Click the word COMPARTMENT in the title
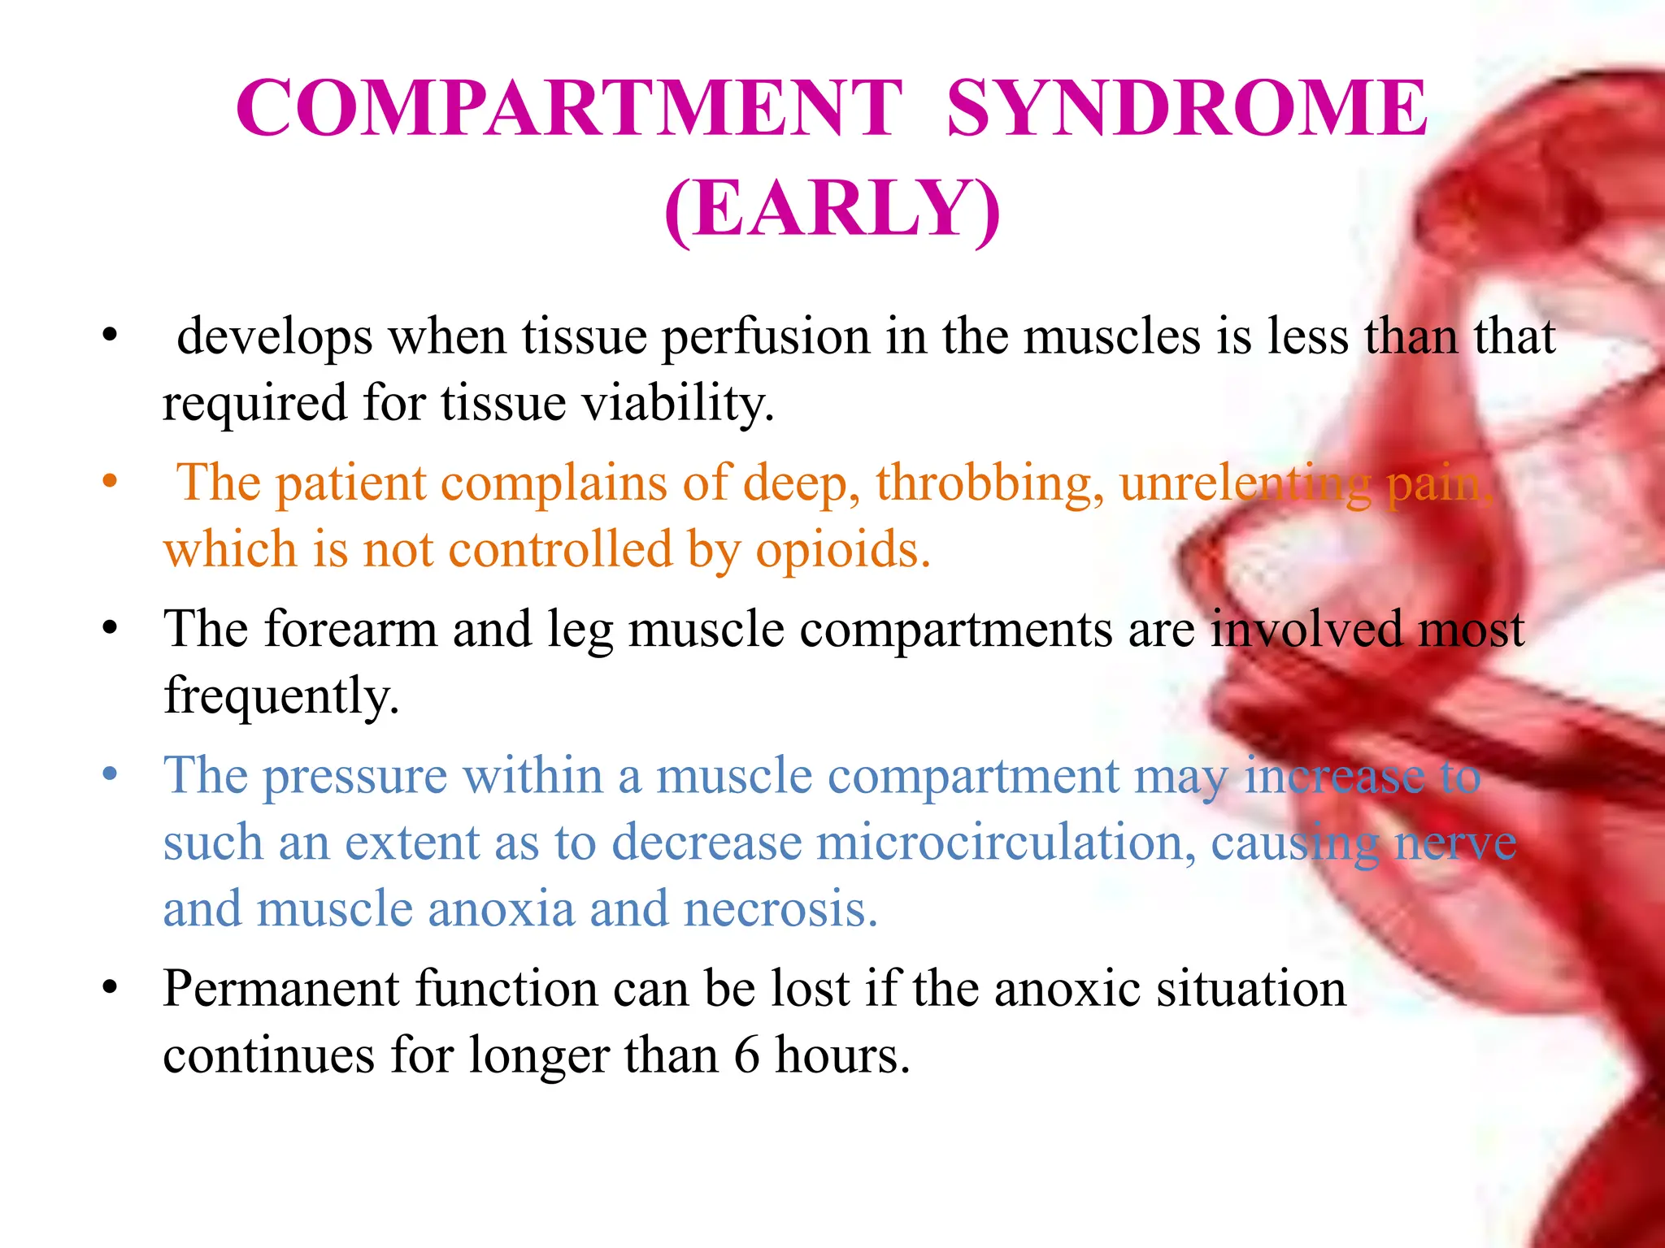tap(569, 108)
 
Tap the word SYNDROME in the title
tap(1187, 108)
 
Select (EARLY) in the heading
tap(832, 209)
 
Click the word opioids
tap(842, 550)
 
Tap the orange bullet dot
tap(111, 481)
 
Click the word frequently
tap(281, 697)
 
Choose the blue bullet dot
tap(111, 773)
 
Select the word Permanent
tap(280, 989)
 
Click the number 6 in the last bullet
tap(746, 1055)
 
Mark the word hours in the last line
tap(842, 1055)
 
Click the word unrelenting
tap(1245, 483)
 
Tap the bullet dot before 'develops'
tap(111, 335)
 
